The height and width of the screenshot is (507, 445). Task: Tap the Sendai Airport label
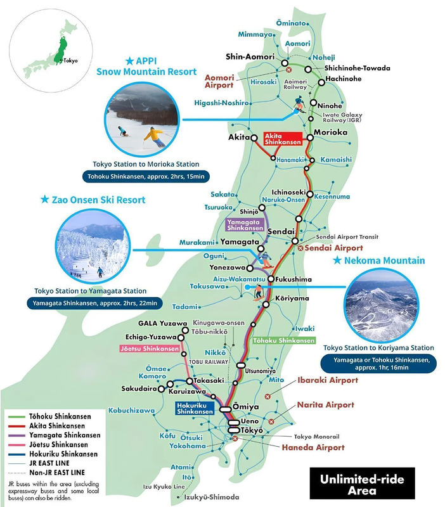[334, 248]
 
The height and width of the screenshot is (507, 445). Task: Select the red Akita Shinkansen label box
[285, 139]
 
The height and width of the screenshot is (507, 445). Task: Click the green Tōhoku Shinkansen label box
[283, 340]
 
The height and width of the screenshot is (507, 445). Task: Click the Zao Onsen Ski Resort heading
[93, 200]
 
